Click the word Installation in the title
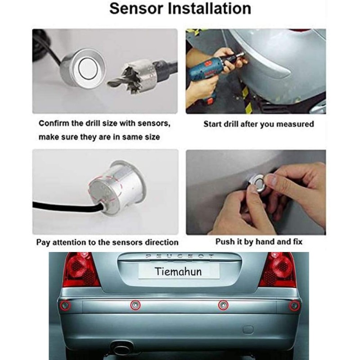point(210,9)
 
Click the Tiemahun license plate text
point(178,271)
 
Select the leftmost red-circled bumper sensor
point(65,306)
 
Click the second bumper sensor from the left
point(135,305)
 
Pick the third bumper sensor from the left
point(223,305)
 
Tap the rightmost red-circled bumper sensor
point(294,306)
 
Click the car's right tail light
point(278,270)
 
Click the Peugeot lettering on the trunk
point(180,256)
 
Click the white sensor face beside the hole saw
point(88,68)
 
